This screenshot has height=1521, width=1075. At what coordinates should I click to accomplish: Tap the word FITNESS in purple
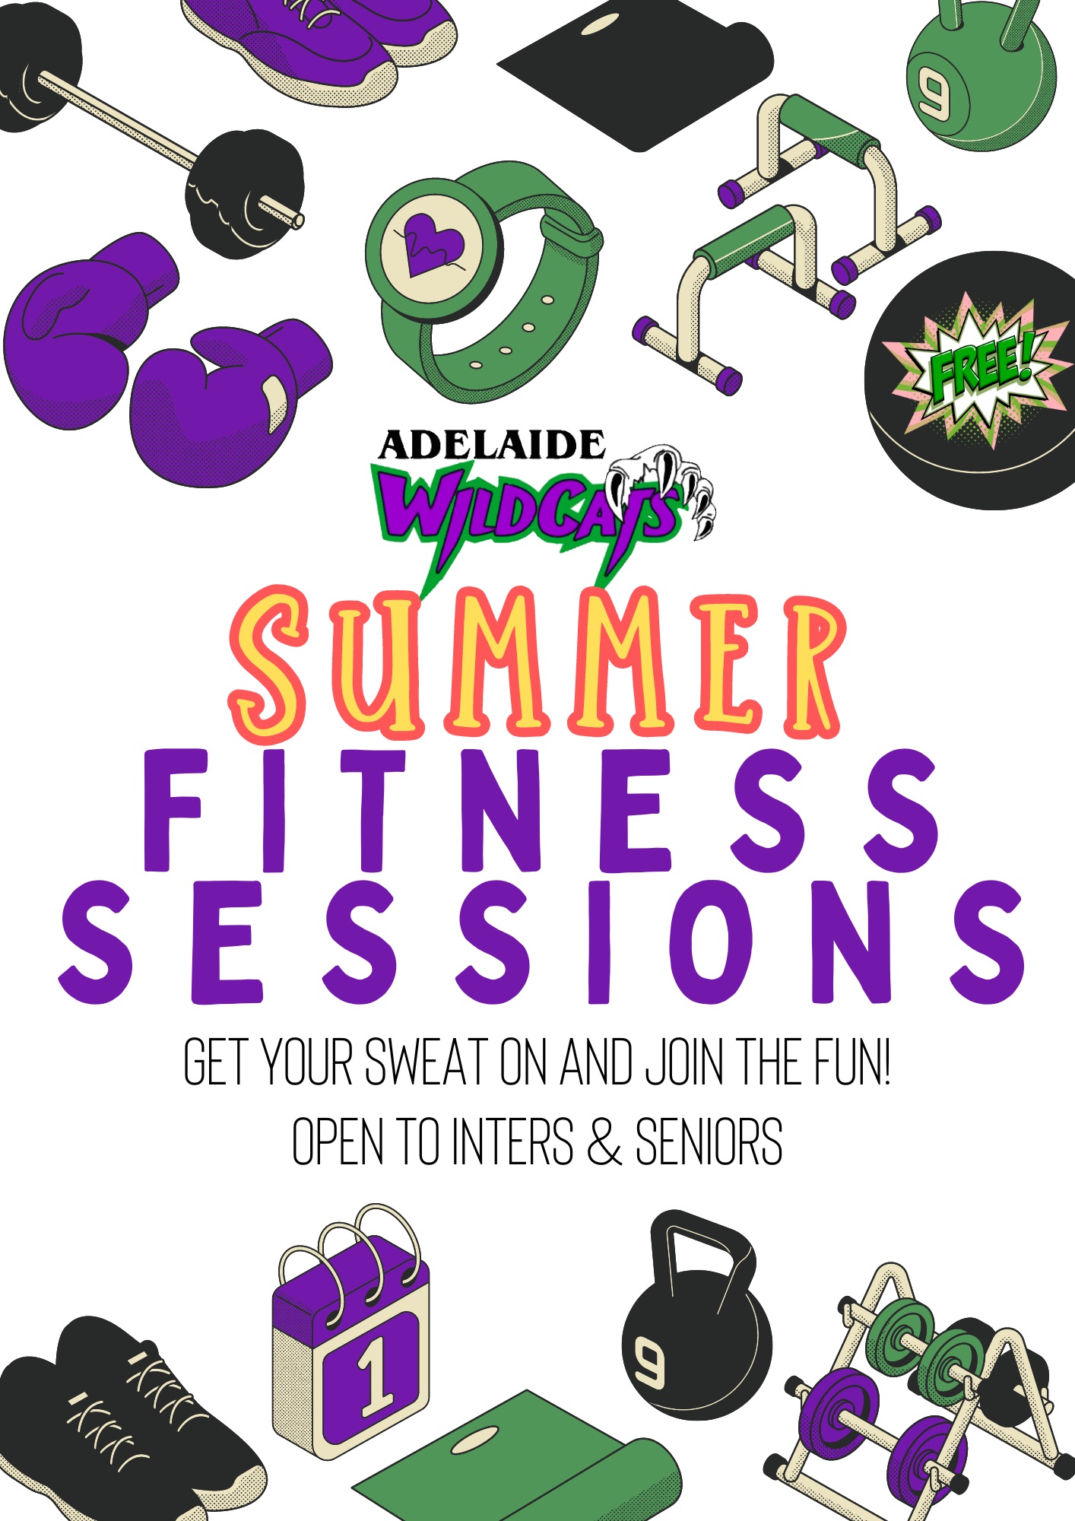(541, 811)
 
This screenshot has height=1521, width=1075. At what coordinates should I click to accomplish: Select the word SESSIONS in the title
(541, 942)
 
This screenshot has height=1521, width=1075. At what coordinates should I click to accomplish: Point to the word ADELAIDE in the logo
(492, 446)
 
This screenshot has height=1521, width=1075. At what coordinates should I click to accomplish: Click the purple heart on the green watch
(433, 243)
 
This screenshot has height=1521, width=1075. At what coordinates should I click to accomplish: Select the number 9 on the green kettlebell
(933, 91)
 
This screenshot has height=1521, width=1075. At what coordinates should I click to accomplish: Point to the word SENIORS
(709, 1142)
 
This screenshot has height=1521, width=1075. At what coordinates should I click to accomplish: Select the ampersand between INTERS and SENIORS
(604, 1142)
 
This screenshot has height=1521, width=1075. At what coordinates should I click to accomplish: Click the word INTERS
(512, 1142)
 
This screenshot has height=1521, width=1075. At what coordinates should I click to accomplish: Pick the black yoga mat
(636, 72)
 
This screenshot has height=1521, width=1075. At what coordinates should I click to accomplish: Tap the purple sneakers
(319, 46)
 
